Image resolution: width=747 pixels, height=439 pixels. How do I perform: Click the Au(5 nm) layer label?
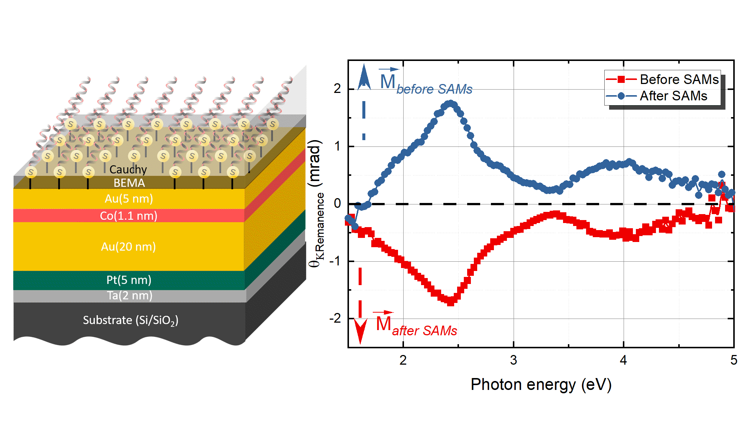click(129, 198)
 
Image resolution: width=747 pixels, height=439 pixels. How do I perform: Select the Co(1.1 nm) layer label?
click(129, 216)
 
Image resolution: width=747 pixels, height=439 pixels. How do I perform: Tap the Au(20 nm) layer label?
click(128, 246)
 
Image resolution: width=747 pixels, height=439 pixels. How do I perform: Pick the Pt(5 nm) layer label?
click(129, 280)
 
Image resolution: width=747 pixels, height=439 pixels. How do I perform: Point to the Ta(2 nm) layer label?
click(129, 296)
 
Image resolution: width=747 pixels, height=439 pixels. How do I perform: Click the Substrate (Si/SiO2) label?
click(130, 320)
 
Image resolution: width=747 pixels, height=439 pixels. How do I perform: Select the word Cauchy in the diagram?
click(128, 170)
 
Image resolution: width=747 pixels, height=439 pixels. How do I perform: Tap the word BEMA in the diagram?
click(129, 183)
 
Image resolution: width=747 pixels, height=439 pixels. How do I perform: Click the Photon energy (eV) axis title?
click(541, 384)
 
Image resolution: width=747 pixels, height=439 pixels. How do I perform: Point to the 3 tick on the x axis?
click(513, 360)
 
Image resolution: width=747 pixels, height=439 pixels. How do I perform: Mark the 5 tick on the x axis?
click(733, 360)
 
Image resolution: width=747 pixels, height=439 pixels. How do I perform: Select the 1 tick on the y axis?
click(337, 146)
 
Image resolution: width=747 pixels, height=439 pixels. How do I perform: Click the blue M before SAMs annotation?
click(426, 83)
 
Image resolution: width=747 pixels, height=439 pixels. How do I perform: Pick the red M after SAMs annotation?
click(416, 325)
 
